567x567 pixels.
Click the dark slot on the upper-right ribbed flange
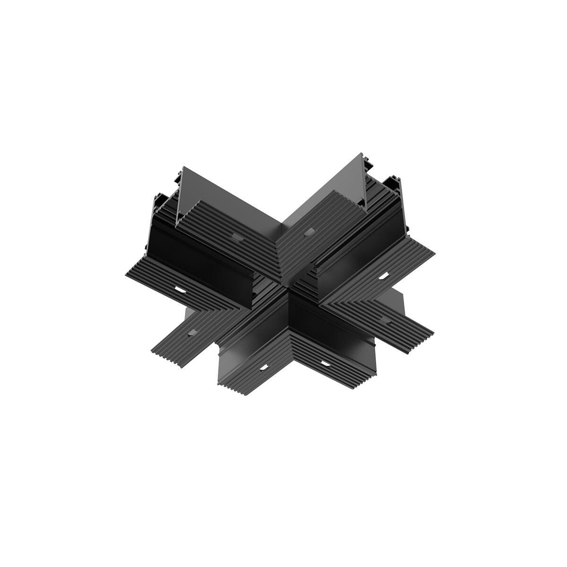point(309,232)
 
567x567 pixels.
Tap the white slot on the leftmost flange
point(180,289)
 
